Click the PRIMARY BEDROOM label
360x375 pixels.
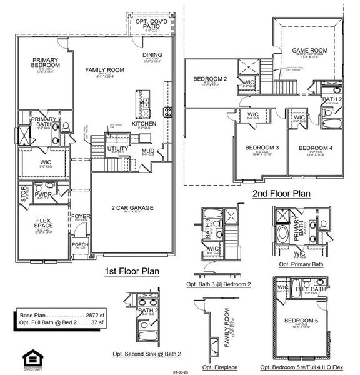point(46,62)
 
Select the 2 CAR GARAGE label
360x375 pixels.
point(132,207)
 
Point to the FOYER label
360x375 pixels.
point(80,217)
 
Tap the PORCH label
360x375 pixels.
point(79,244)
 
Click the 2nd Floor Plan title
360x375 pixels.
point(281,194)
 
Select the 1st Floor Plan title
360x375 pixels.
point(131,271)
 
